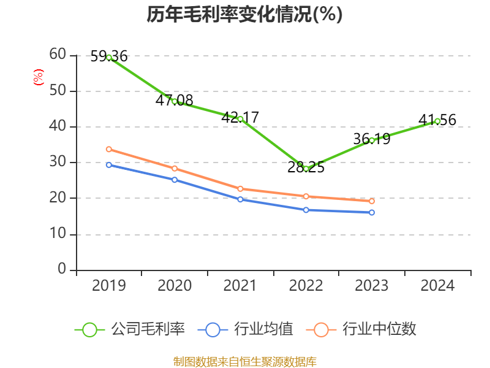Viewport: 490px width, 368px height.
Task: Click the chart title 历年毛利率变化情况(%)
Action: [x=244, y=15]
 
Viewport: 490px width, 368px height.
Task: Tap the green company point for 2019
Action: [x=109, y=57]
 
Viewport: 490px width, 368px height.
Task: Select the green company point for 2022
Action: [x=306, y=168]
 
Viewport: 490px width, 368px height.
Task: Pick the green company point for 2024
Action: [x=437, y=121]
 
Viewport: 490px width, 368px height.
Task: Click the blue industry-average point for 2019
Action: [x=109, y=164]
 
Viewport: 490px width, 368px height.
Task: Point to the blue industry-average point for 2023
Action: [x=372, y=212]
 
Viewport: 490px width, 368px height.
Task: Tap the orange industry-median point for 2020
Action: [x=175, y=168]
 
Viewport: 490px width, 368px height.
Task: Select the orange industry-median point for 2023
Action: [x=372, y=201]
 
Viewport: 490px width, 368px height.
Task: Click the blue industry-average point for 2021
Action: [x=240, y=199]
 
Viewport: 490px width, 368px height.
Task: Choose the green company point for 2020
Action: [x=175, y=101]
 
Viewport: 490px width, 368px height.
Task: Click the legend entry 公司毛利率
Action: [x=130, y=329]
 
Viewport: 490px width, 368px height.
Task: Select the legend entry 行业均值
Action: [x=246, y=329]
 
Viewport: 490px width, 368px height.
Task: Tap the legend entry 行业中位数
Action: [x=365, y=329]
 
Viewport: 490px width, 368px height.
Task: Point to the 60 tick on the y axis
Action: [x=58, y=55]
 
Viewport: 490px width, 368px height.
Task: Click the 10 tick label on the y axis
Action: [x=58, y=234]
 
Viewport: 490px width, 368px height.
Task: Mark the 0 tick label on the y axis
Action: [x=62, y=269]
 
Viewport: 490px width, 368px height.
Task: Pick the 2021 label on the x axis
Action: [x=240, y=285]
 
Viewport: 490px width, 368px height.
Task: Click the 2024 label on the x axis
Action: [x=437, y=285]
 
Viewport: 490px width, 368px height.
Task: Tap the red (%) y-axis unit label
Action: [x=38, y=77]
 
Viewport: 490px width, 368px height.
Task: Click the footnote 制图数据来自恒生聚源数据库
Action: [x=244, y=361]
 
